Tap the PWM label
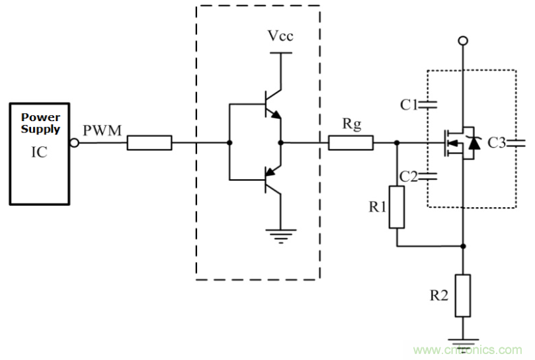click(x=103, y=130)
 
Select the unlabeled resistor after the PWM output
click(x=149, y=142)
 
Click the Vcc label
click(x=280, y=35)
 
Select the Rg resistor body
click(x=351, y=142)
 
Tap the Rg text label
click(x=351, y=124)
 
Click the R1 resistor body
click(x=397, y=206)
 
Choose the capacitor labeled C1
click(x=431, y=104)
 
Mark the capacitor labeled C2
click(x=431, y=176)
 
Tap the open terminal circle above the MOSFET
click(x=463, y=42)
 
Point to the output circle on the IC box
click(x=75, y=142)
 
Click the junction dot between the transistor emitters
click(x=281, y=142)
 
